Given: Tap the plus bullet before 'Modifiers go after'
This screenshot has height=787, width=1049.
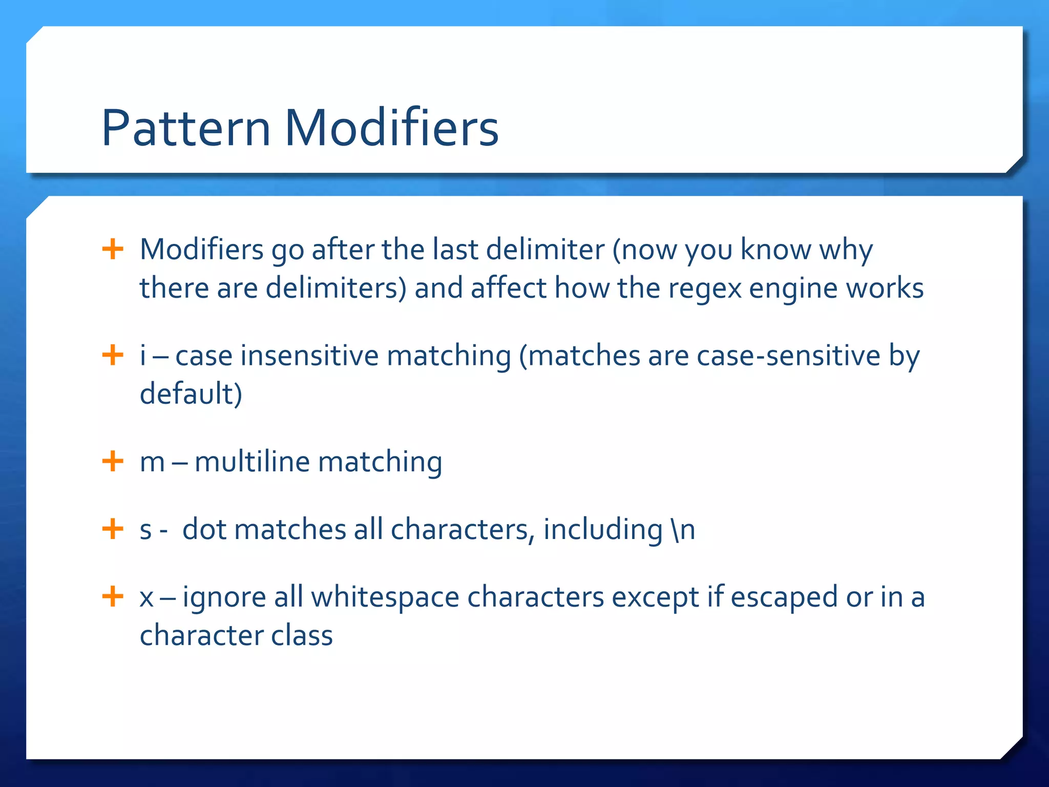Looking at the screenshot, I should pyautogui.click(x=113, y=250).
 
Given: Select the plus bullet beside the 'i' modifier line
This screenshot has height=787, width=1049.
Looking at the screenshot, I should pyautogui.click(x=113, y=355).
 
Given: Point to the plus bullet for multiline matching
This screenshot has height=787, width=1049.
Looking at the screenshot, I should pyautogui.click(x=113, y=461).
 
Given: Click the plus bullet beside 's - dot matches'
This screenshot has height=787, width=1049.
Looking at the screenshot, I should pyautogui.click(x=113, y=528).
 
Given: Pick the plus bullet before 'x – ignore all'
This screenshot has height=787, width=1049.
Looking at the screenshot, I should pyautogui.click(x=113, y=596).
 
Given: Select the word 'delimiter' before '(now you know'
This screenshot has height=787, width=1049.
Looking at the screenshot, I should pyautogui.click(x=545, y=250).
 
